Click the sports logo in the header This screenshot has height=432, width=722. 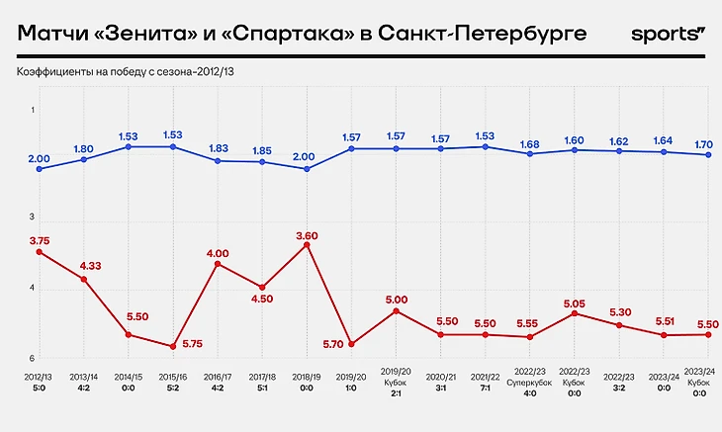[x=668, y=35]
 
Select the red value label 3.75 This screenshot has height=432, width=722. [x=40, y=239]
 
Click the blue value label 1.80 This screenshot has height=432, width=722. [x=84, y=149]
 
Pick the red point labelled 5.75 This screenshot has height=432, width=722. [x=173, y=347]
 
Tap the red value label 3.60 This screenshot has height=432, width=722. [x=307, y=234]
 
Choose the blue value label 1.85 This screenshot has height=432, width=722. [x=262, y=151]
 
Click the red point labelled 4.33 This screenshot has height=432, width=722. [x=84, y=280]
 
